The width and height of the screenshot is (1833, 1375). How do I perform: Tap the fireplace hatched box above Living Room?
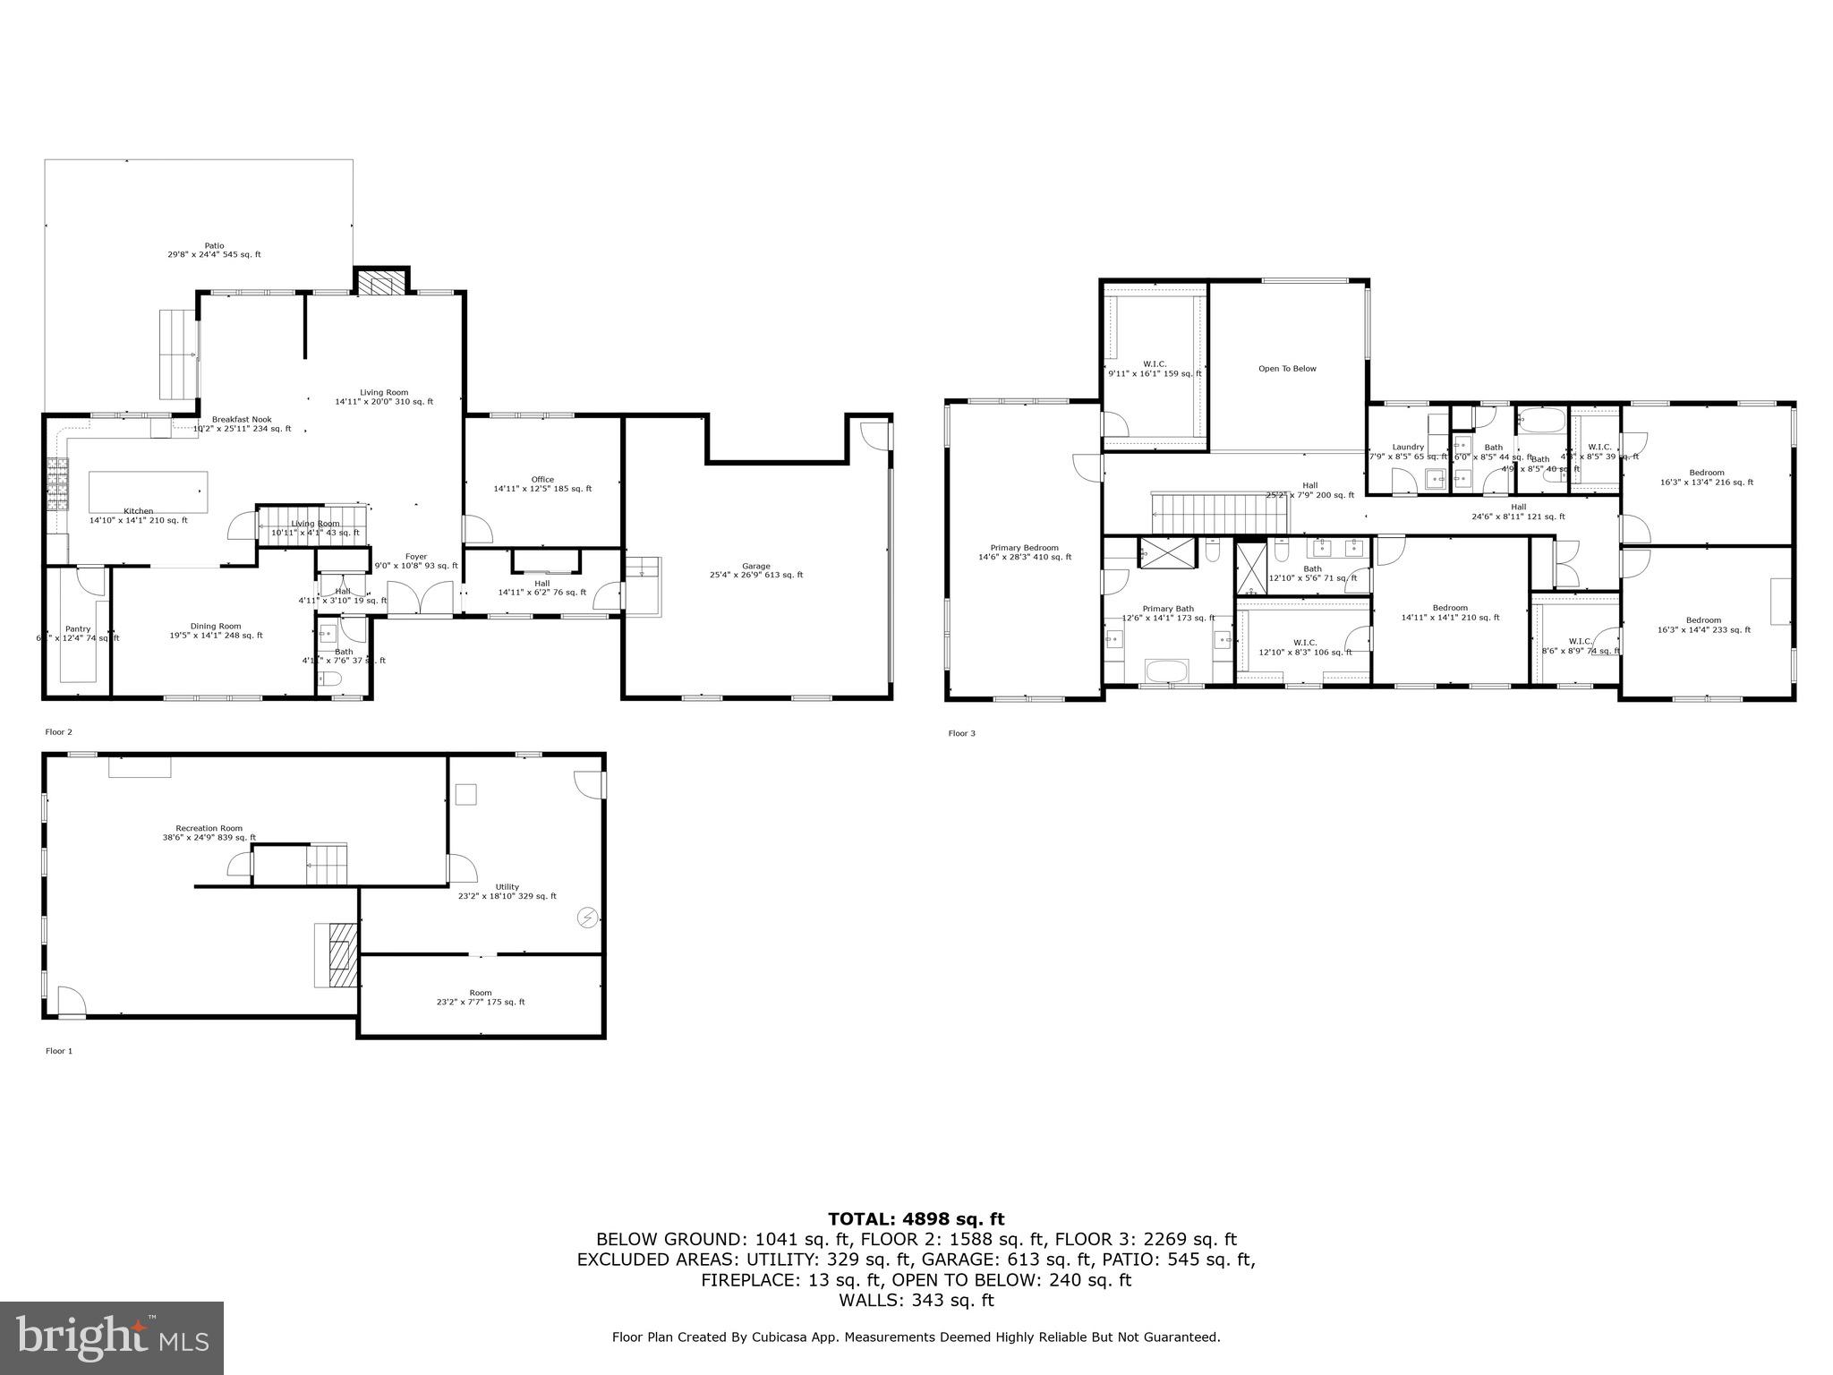pyautogui.click(x=381, y=284)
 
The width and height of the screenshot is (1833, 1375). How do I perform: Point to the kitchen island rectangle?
pyautogui.click(x=148, y=491)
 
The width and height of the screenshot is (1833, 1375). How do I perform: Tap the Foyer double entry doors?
pyautogui.click(x=420, y=597)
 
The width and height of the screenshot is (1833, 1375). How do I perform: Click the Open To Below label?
pyautogui.click(x=1287, y=369)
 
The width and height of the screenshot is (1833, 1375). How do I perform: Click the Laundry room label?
pyautogui.click(x=1408, y=447)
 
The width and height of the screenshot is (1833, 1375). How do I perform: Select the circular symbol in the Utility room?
pyautogui.click(x=588, y=917)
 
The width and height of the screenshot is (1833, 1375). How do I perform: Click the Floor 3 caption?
pyautogui.click(x=961, y=733)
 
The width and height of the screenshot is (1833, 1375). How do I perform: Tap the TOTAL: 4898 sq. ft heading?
pyautogui.click(x=916, y=1219)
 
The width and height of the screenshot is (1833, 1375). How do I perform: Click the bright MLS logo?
pyautogui.click(x=112, y=1338)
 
